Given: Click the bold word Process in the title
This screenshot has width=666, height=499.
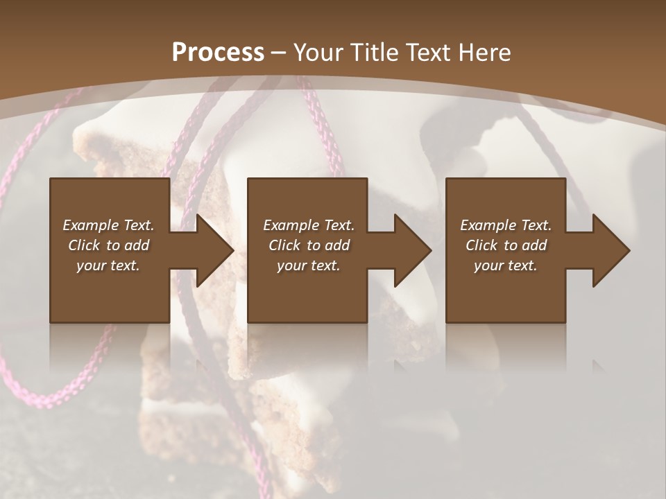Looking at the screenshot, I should pos(218,53).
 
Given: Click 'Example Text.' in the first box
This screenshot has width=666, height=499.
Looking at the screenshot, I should pos(108,225).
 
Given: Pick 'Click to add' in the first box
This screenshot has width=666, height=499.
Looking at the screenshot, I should pos(108,245).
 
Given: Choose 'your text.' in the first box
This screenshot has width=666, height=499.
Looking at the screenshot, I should pos(108,265).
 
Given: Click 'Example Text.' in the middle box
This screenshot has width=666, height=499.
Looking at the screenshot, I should pos(308,225).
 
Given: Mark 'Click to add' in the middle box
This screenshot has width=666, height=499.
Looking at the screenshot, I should pos(308,245).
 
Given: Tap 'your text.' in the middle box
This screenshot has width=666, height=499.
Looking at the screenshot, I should pos(308,265).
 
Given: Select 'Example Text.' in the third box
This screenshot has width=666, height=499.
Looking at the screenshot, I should pos(505,225).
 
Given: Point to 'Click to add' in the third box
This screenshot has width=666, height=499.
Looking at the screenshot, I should pos(505,245).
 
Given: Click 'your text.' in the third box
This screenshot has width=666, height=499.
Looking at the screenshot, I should pos(505,265).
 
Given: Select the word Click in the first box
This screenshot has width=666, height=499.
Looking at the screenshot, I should pos(84,245).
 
